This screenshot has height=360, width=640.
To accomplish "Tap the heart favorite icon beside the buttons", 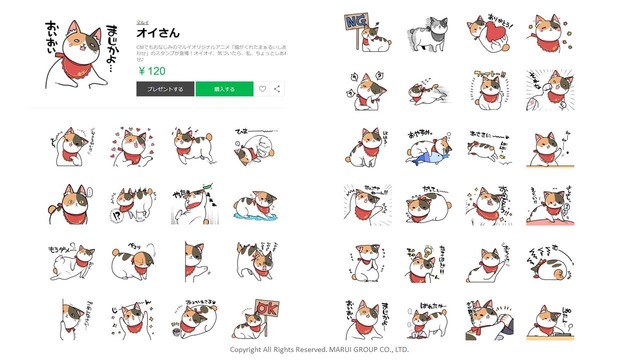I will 262,89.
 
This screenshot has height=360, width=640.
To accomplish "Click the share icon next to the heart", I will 276,89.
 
